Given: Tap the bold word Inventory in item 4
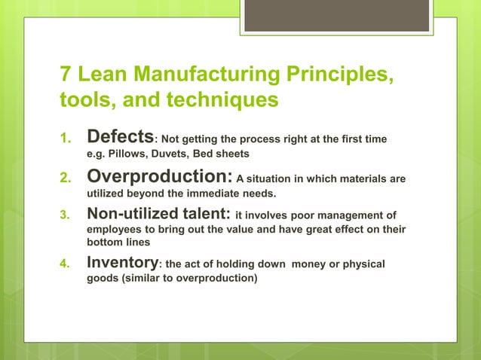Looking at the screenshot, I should (x=123, y=263).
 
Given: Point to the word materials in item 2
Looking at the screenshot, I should (x=367, y=178).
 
